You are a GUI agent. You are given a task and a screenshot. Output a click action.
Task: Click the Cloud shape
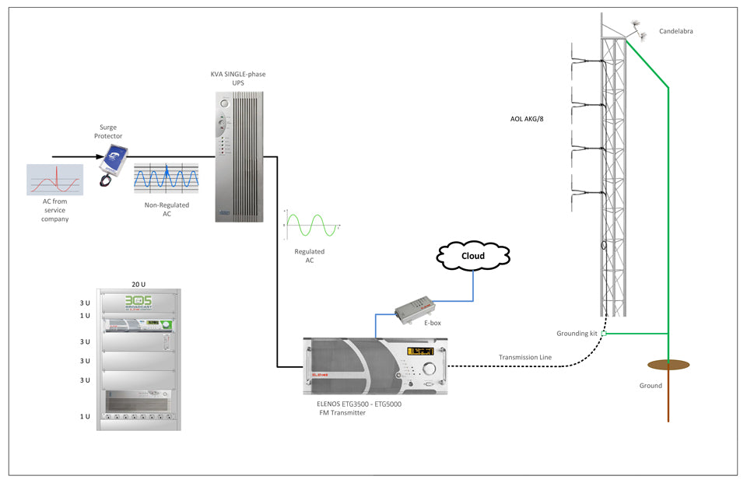(x=473, y=255)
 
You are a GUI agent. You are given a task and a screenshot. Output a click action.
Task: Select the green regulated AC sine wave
(x=310, y=226)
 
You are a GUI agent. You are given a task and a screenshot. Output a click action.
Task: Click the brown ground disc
(x=667, y=364)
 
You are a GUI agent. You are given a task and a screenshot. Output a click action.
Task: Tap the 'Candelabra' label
(x=675, y=32)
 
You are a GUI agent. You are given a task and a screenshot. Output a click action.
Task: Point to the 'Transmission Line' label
(x=525, y=358)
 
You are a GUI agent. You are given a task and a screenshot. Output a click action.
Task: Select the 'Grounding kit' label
(x=577, y=333)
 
